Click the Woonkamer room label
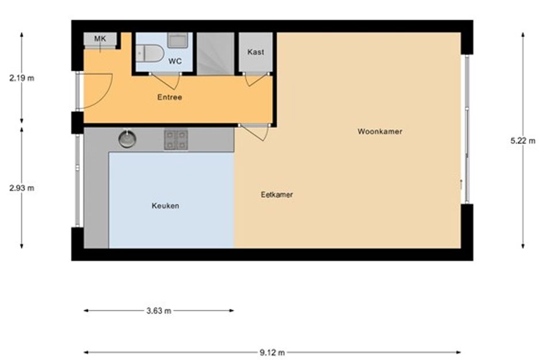click(380, 131)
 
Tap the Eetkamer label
click(277, 195)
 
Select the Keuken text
click(165, 206)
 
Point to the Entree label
click(170, 97)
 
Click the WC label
click(175, 62)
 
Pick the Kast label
click(256, 52)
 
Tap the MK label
click(100, 39)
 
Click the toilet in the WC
click(150, 54)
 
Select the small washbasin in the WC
click(178, 40)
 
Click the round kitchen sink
click(127, 138)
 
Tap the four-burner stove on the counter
click(176, 140)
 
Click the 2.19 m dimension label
click(22, 78)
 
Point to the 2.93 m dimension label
click(22, 188)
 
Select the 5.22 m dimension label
click(523, 141)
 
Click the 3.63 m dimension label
click(159, 310)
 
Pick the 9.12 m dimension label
click(272, 353)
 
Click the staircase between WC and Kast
click(215, 54)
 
